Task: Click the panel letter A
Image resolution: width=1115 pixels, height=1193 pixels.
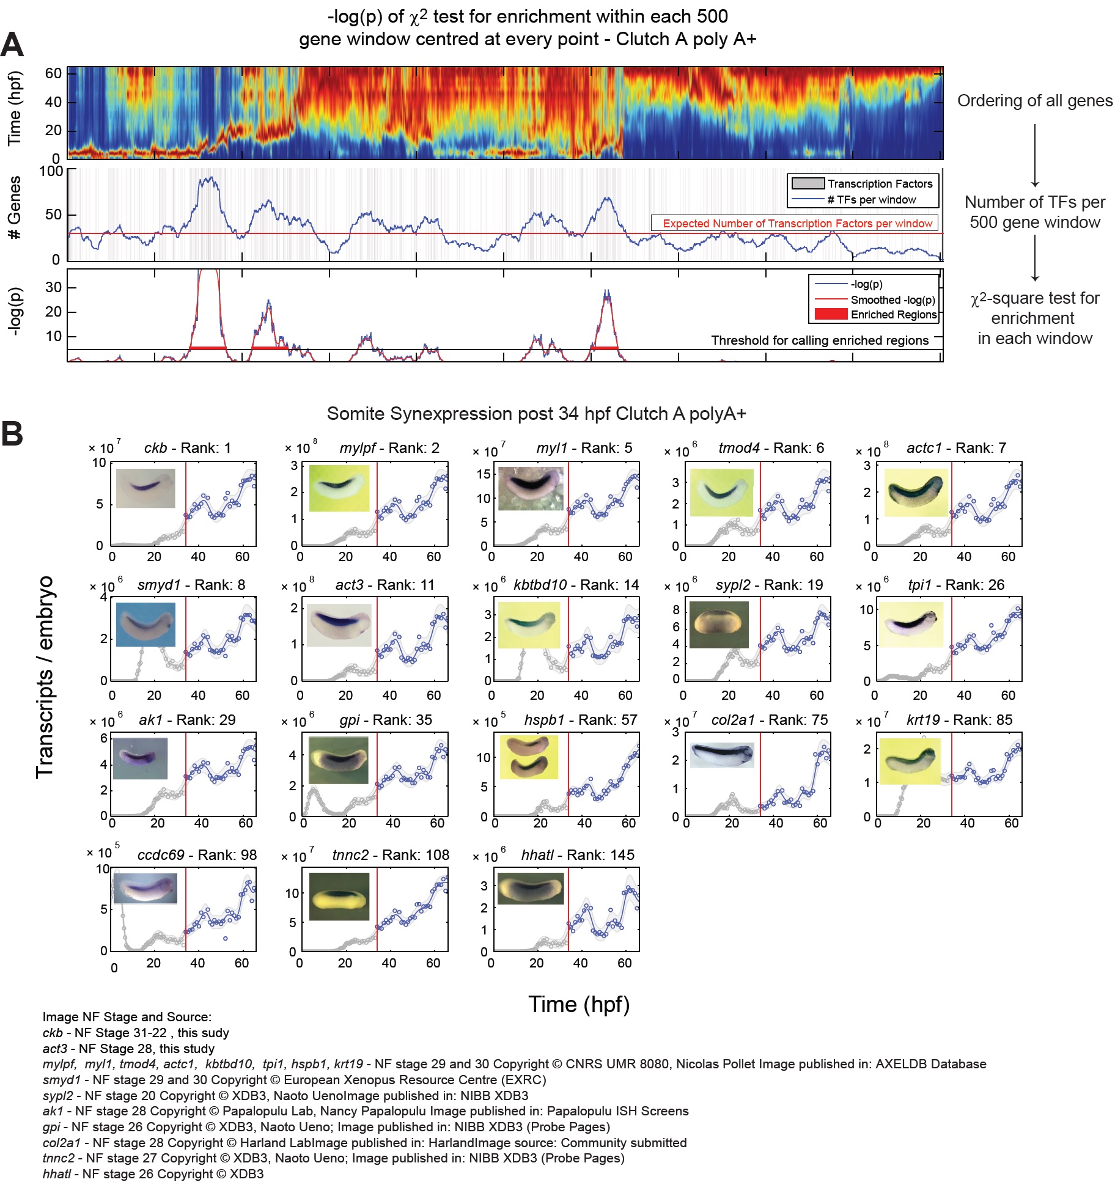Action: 12,45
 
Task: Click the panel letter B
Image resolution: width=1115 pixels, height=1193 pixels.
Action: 12,434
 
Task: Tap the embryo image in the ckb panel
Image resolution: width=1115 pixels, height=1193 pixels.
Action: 145,488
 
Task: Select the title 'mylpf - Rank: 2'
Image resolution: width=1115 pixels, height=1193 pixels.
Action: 389,448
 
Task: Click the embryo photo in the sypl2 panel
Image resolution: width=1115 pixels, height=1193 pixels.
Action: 718,624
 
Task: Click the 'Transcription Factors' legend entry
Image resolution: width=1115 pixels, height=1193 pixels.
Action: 880,184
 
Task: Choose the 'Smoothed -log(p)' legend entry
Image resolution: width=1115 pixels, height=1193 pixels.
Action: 892,299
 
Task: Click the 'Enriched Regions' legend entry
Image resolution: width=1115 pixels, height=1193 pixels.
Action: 893,315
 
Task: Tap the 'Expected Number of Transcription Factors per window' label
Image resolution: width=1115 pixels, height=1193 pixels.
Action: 797,224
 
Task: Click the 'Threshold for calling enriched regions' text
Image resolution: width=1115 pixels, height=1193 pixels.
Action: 819,340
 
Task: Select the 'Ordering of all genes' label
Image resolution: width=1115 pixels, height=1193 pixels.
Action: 1034,101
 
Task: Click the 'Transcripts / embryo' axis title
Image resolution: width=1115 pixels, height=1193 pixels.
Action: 45,677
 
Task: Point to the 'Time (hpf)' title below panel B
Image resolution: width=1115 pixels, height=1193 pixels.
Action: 578,1004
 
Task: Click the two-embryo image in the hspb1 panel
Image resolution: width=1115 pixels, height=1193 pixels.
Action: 529,757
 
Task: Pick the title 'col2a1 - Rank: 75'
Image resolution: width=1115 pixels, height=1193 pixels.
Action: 769,720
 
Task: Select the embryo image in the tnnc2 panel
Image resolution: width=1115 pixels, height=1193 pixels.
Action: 339,897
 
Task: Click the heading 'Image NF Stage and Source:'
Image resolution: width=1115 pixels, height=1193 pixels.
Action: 127,1017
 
